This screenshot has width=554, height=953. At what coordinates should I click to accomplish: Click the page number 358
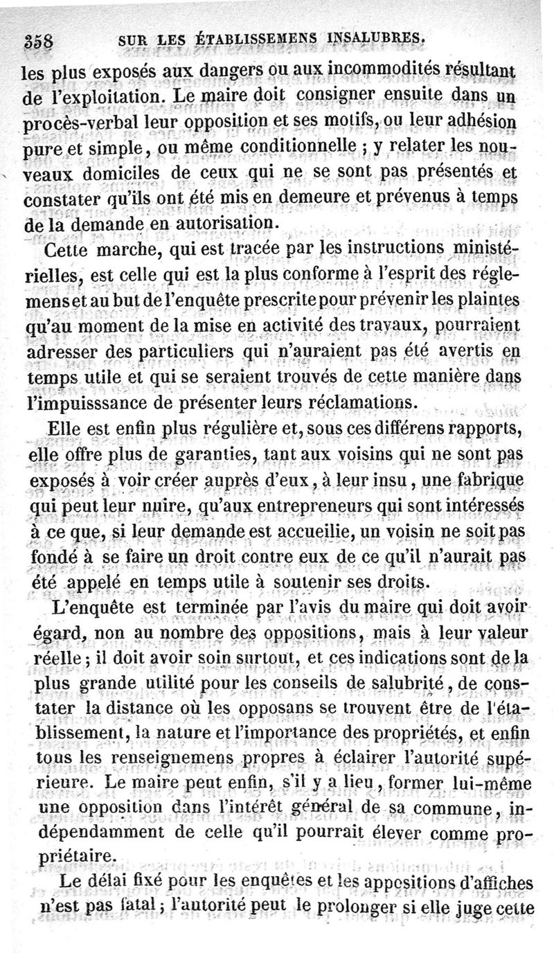pyautogui.click(x=42, y=39)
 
